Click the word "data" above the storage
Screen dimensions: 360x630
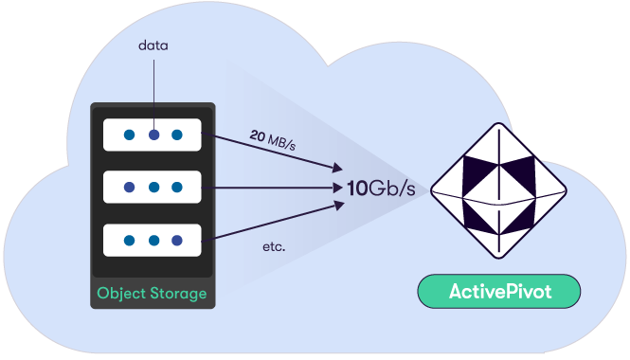(x=153, y=45)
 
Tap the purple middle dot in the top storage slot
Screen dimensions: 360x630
(x=153, y=135)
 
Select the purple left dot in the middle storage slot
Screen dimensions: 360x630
(x=130, y=187)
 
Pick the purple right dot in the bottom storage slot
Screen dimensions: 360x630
(x=176, y=240)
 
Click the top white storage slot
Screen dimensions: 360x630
(x=153, y=135)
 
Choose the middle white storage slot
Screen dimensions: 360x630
(x=153, y=187)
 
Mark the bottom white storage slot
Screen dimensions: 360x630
(x=153, y=240)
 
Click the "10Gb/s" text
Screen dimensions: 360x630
(x=381, y=188)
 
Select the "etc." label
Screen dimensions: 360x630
(x=275, y=248)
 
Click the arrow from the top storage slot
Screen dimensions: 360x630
(x=275, y=154)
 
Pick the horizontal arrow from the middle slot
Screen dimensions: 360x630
(x=275, y=188)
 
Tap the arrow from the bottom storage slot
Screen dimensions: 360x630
(x=275, y=220)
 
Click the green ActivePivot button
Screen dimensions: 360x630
(x=498, y=292)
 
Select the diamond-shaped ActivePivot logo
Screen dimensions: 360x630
(x=498, y=189)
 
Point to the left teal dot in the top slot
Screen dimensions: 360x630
(x=130, y=135)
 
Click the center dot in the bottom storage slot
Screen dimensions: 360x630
(x=153, y=240)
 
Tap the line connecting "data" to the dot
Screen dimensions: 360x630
(x=153, y=90)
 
